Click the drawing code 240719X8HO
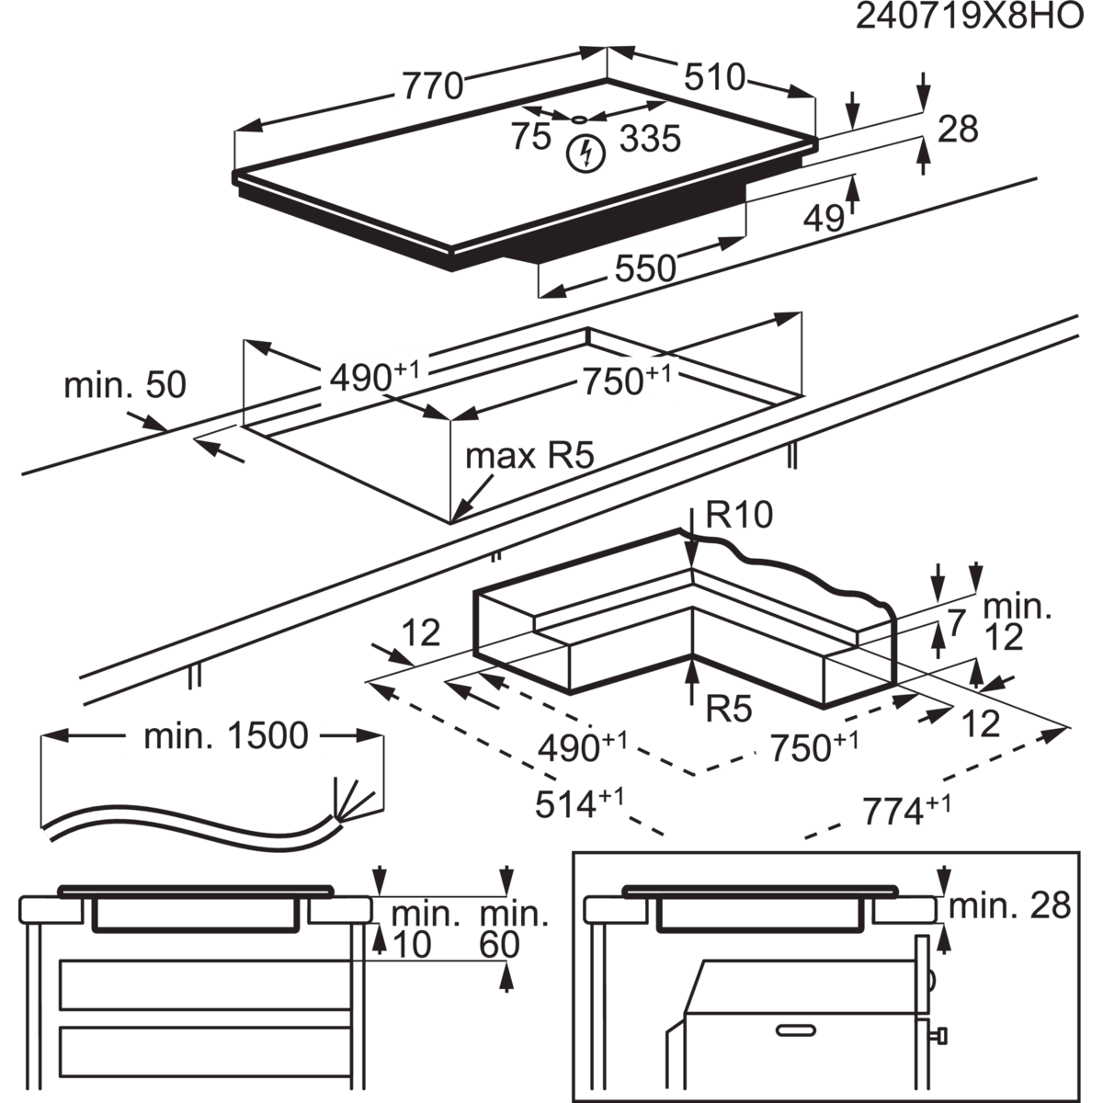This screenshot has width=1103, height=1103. pyautogui.click(x=969, y=18)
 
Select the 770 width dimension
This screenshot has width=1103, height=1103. pyautogui.click(x=432, y=85)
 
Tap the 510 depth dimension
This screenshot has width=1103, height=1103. pyautogui.click(x=714, y=76)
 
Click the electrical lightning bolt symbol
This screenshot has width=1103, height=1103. pyautogui.click(x=583, y=154)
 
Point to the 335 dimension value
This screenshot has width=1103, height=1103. pyautogui.click(x=649, y=139)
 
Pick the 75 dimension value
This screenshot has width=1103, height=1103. pyautogui.click(x=530, y=136)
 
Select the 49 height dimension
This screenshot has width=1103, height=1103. pyautogui.click(x=823, y=218)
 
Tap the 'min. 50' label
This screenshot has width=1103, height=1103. pyautogui.click(x=125, y=385)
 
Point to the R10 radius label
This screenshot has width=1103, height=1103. pyautogui.click(x=740, y=517)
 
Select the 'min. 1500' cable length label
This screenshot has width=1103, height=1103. pyautogui.click(x=226, y=736)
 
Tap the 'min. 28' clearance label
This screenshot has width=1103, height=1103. pyautogui.click(x=1009, y=906)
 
